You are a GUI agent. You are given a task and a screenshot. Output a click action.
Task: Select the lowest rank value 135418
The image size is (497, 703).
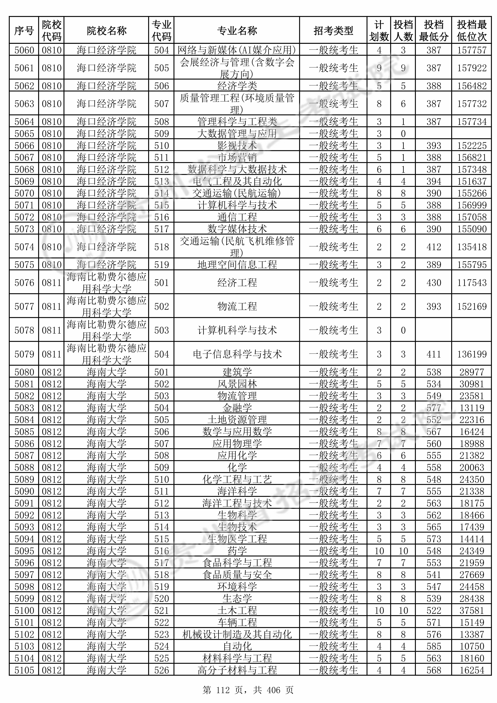tap(472, 247)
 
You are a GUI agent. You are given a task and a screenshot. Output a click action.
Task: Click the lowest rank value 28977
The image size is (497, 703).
tap(472, 372)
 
